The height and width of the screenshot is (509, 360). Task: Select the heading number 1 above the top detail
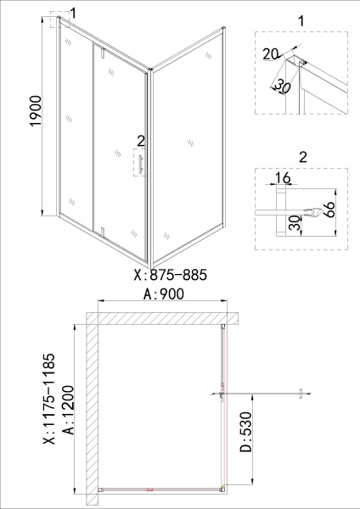click(301, 18)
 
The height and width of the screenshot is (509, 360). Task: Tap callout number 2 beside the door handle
click(140, 141)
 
